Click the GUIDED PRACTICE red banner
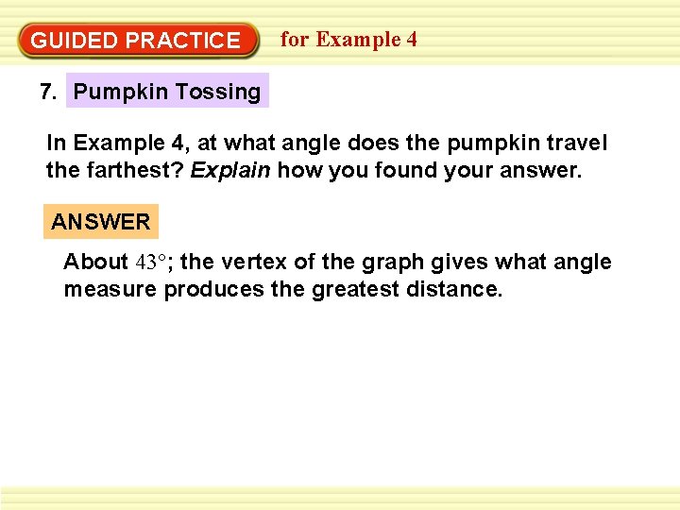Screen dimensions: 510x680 pos(138,41)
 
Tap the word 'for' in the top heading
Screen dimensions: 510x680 pos(295,39)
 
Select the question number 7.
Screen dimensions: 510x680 pos(49,92)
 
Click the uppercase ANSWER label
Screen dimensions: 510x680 pos(101,222)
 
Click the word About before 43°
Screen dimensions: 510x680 pos(95,262)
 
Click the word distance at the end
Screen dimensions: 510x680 pos(458,288)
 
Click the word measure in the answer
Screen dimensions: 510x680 pos(110,288)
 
